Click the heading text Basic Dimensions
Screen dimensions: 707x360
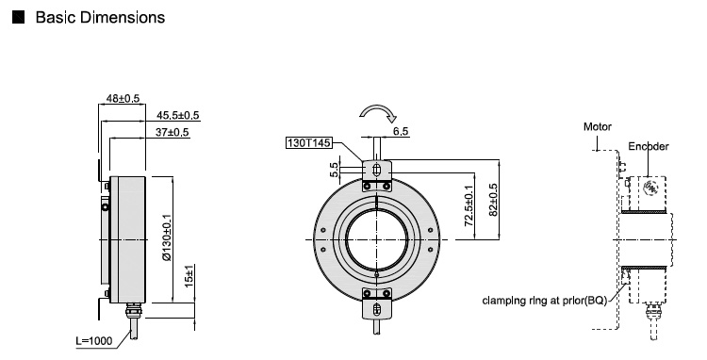pyautogui.click(x=100, y=18)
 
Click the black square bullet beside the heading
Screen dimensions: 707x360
pyautogui.click(x=19, y=18)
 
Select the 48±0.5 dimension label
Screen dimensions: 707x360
pyautogui.click(x=123, y=98)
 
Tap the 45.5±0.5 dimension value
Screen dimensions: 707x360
pyautogui.click(x=177, y=115)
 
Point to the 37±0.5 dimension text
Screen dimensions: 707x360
pyautogui.click(x=172, y=133)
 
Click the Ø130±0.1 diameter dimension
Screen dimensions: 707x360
pyautogui.click(x=167, y=237)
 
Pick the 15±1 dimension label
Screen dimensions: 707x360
pyautogui.click(x=189, y=276)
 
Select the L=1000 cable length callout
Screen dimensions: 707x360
pyautogui.click(x=93, y=341)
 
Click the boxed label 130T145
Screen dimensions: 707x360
pyautogui.click(x=309, y=143)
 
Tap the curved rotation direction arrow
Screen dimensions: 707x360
pyautogui.click(x=378, y=110)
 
